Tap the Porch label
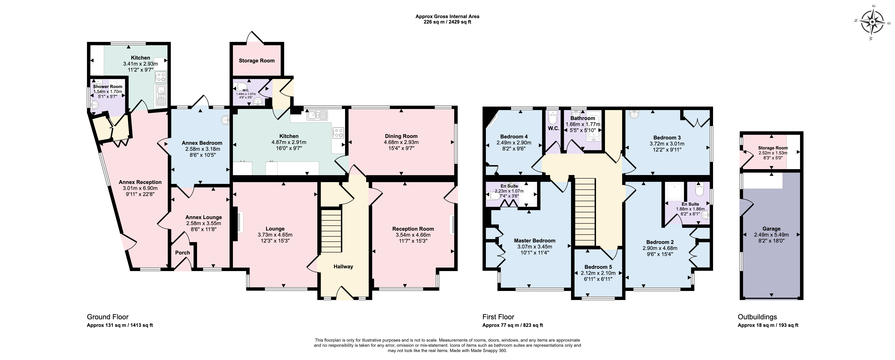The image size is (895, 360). (x=182, y=253)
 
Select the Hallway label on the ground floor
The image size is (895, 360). (x=343, y=267)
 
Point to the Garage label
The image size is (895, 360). (x=771, y=229)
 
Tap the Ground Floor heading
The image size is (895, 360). (x=108, y=317)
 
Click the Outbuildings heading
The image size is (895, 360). (x=757, y=317)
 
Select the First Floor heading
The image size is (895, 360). (x=498, y=317)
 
